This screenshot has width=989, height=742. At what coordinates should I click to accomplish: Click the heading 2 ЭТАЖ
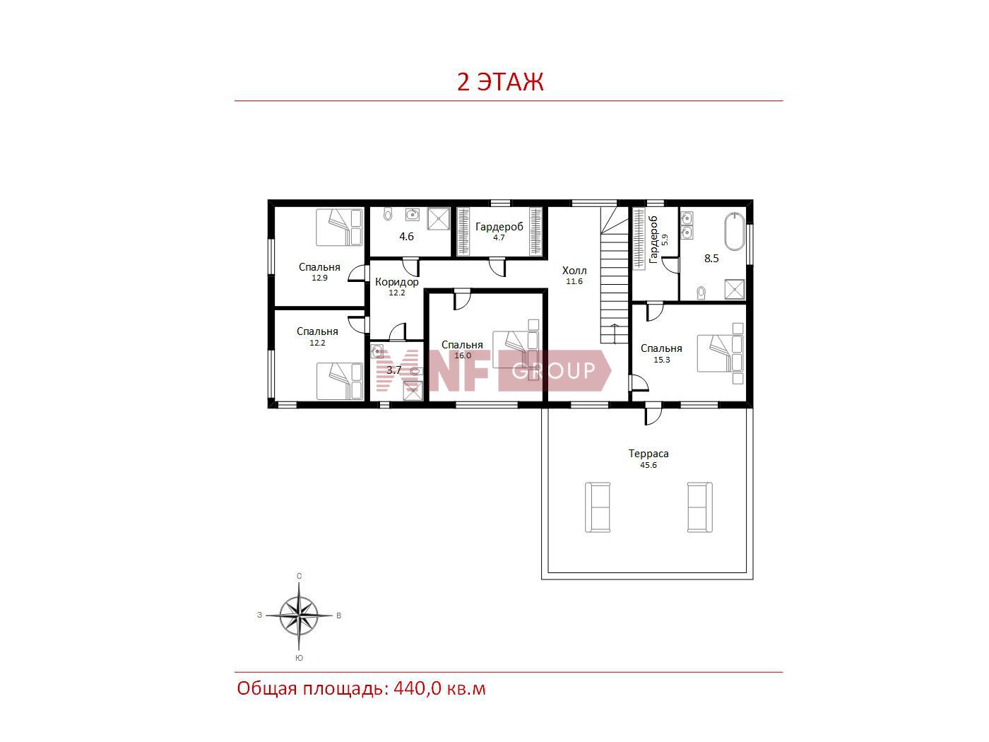pos(499,82)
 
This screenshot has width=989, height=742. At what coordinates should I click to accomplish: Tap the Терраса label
pos(648,453)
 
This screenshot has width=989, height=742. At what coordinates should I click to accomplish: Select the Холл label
pos(574,271)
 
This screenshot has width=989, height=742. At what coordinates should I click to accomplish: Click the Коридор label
pos(396,282)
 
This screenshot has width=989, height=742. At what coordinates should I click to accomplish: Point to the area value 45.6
pos(648,465)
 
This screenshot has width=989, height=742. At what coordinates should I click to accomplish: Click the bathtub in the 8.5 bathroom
pos(735,231)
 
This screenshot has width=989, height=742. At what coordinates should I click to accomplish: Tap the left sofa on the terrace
pos(598,507)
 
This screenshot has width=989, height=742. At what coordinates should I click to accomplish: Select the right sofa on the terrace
pos(700,507)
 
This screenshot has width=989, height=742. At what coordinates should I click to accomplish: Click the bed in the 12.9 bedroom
pos(339,227)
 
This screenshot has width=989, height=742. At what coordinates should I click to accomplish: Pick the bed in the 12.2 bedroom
pos(340,381)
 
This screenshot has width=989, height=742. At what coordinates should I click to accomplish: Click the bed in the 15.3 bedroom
pos(720,353)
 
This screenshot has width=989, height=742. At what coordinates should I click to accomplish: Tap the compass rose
pos(299,616)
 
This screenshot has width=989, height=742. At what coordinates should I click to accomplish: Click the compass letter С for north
pos(299,576)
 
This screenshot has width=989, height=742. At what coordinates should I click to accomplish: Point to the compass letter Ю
pos(299,658)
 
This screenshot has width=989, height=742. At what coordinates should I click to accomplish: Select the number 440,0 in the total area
pos(417,689)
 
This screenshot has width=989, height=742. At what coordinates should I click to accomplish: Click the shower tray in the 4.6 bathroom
pos(439,218)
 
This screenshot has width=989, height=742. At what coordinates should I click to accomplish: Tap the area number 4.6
pos(406,237)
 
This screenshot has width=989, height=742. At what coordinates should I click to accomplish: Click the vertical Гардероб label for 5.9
pos(653,240)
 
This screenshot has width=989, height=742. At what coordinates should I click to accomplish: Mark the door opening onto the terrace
pos(653,416)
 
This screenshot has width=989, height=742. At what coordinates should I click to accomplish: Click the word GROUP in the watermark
pos(553,371)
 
